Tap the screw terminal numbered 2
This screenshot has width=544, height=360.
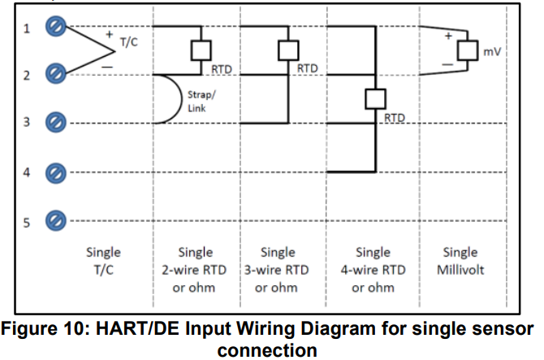tap(55, 75)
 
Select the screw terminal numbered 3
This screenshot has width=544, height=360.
tap(55, 123)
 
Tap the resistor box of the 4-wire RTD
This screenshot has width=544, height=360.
tap(374, 99)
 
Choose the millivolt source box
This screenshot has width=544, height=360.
tap(466, 50)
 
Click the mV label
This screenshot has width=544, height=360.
tap(491, 51)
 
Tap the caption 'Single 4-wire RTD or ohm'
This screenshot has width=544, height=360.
tap(373, 270)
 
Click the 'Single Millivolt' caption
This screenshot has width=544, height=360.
tap(460, 261)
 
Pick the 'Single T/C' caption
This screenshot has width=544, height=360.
tap(103, 261)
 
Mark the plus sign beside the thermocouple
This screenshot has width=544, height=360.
tap(108, 35)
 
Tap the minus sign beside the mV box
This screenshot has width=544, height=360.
tap(446, 64)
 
